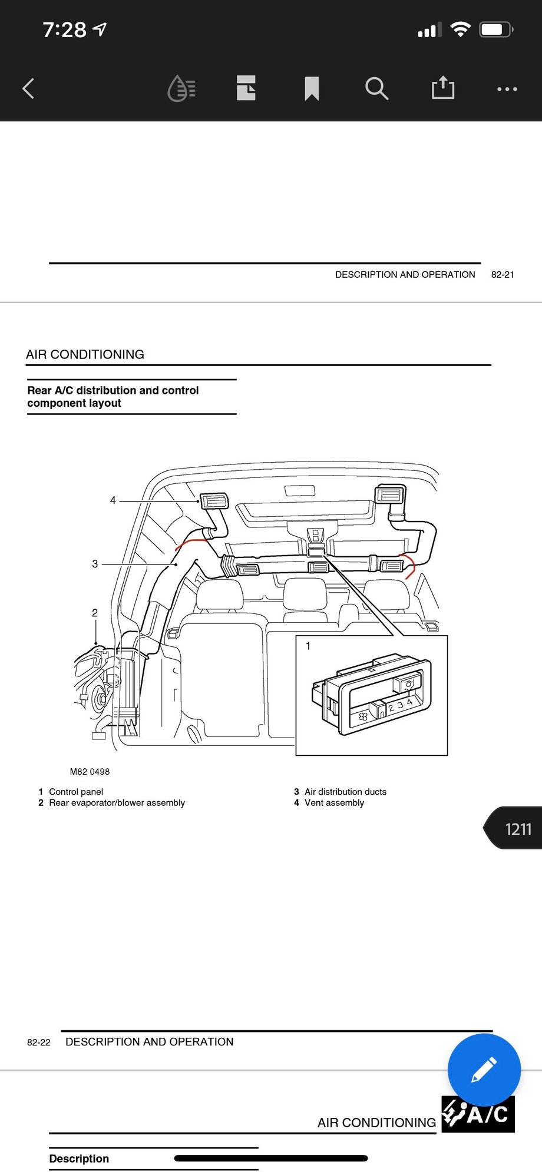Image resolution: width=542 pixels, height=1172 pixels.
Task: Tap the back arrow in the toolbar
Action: pos(28,89)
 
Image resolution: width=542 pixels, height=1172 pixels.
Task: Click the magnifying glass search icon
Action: pos(376,89)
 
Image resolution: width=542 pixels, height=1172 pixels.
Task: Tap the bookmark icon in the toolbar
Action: pos(312,89)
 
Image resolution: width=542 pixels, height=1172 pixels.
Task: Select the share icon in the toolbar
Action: pos(442,88)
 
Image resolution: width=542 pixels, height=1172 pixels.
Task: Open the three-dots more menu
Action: pos(507,89)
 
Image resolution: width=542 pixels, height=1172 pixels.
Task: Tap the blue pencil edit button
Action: pos(484,1070)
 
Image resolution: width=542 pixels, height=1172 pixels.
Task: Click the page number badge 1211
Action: pos(517,829)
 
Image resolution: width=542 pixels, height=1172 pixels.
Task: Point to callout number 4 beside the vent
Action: pos(113,500)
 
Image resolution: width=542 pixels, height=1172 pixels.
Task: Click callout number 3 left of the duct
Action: pos(95,564)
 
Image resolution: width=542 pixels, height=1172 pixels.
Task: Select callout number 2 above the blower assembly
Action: pos(95,613)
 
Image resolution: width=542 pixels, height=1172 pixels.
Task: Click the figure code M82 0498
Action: pos(90,772)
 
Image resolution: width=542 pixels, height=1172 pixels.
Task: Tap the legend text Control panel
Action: pos(76,792)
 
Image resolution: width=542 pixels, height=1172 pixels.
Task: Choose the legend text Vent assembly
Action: pos(334,803)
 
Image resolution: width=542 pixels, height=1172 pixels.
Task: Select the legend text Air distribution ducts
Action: pos(345,792)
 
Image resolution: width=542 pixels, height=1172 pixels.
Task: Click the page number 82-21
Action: pos(503,275)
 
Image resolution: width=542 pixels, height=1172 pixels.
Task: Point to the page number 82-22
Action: pos(39,1042)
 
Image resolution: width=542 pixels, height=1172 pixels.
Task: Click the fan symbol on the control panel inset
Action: pos(363,716)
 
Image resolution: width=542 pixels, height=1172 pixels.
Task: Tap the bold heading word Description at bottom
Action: pos(79,1158)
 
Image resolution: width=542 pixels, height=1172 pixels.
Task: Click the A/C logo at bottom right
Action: pos(478,1114)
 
